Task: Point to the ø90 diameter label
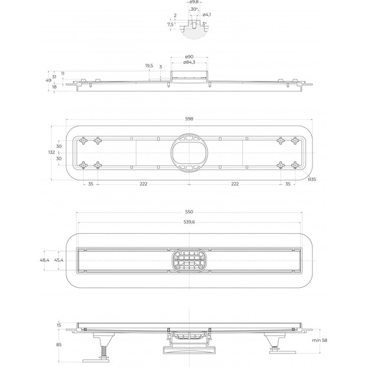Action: [x=189, y=57]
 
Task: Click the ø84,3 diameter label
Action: [x=189, y=62]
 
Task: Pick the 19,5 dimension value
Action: [x=149, y=65]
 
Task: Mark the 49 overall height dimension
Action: [x=49, y=80]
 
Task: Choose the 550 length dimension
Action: [x=189, y=212]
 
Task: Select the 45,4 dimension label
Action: [x=59, y=259]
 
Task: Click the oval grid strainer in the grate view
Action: [x=189, y=260]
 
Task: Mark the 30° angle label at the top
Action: [x=194, y=10]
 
